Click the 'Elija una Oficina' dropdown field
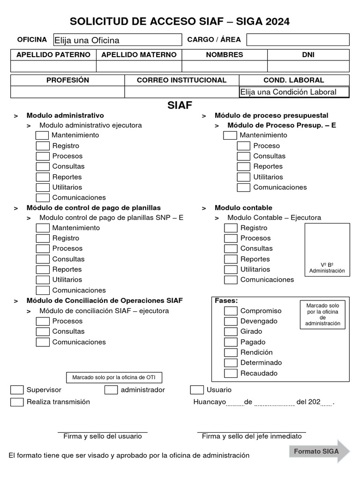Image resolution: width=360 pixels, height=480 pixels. (117, 40)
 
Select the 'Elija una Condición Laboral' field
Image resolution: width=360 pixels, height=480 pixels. (294, 92)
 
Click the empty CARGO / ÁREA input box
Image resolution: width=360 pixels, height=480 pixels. (298, 40)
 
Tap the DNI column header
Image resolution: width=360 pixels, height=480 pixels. (308, 55)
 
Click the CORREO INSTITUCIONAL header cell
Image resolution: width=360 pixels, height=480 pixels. (181, 80)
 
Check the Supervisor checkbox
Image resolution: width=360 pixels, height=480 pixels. (17, 390)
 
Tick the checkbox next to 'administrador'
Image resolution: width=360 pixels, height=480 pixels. (111, 390)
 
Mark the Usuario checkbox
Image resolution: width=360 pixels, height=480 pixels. (197, 390)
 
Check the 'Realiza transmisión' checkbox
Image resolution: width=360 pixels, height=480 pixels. (17, 402)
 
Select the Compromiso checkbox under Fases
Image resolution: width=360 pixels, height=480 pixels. (231, 311)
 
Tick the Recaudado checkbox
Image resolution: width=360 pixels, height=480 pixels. (231, 374)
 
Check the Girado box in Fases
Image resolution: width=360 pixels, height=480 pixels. (231, 332)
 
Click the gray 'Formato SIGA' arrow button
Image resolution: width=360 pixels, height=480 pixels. (319, 452)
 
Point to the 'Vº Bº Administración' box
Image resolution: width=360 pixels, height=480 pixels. (327, 249)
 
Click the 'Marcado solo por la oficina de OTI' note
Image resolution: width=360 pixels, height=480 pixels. (114, 377)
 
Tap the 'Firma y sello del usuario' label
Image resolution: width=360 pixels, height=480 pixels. (103, 436)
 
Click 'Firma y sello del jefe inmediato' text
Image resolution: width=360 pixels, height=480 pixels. (252, 436)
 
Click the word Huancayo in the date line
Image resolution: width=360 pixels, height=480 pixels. (210, 402)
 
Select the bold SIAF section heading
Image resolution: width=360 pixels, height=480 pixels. (180, 105)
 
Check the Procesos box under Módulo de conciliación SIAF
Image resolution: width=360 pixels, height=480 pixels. (43, 322)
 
